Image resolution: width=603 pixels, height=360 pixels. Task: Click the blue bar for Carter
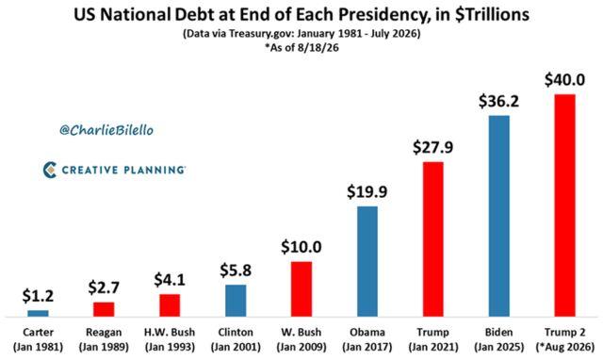[38, 314]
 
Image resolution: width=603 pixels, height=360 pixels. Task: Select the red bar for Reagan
[104, 309]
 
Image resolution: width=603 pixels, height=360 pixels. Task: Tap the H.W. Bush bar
[170, 305]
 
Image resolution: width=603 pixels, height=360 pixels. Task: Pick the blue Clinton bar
[236, 301]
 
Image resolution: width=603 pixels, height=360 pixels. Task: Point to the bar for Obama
[367, 262]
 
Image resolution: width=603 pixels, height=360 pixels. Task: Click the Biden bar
[499, 216]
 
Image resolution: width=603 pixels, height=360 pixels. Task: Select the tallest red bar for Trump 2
[565, 205]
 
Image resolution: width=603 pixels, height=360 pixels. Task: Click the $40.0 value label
[564, 80]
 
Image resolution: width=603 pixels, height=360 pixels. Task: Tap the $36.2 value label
[498, 101]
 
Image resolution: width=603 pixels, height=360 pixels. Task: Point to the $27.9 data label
[433, 147]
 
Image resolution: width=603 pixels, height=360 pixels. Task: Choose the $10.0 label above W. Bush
[301, 247]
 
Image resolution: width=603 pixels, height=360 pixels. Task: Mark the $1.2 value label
[38, 296]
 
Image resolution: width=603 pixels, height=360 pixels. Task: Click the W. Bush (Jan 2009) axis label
[301, 339]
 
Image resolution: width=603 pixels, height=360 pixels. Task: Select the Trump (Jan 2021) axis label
[433, 339]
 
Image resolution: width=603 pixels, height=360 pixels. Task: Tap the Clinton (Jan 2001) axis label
[236, 339]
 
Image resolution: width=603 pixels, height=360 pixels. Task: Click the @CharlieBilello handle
[106, 130]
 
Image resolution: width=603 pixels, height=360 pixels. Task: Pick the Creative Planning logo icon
[50, 170]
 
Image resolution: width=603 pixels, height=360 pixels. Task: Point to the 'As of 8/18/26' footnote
[301, 48]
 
